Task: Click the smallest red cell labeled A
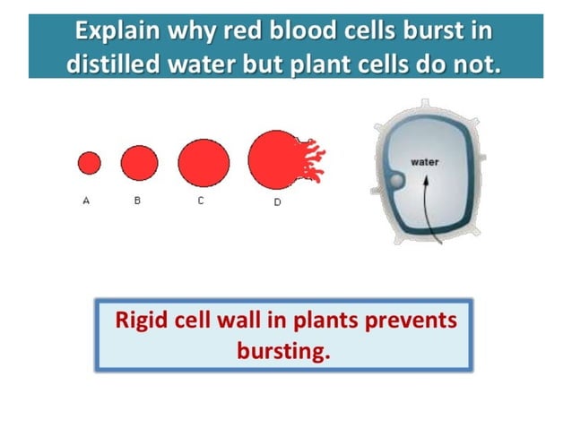click(x=90, y=163)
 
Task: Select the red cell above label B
click(x=139, y=162)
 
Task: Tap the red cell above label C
click(x=204, y=162)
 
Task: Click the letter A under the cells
click(x=86, y=201)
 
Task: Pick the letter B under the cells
click(x=137, y=201)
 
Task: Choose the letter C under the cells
click(x=201, y=201)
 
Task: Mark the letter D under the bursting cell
click(x=277, y=202)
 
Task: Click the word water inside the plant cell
click(x=423, y=162)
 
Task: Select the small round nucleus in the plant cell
click(x=395, y=183)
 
